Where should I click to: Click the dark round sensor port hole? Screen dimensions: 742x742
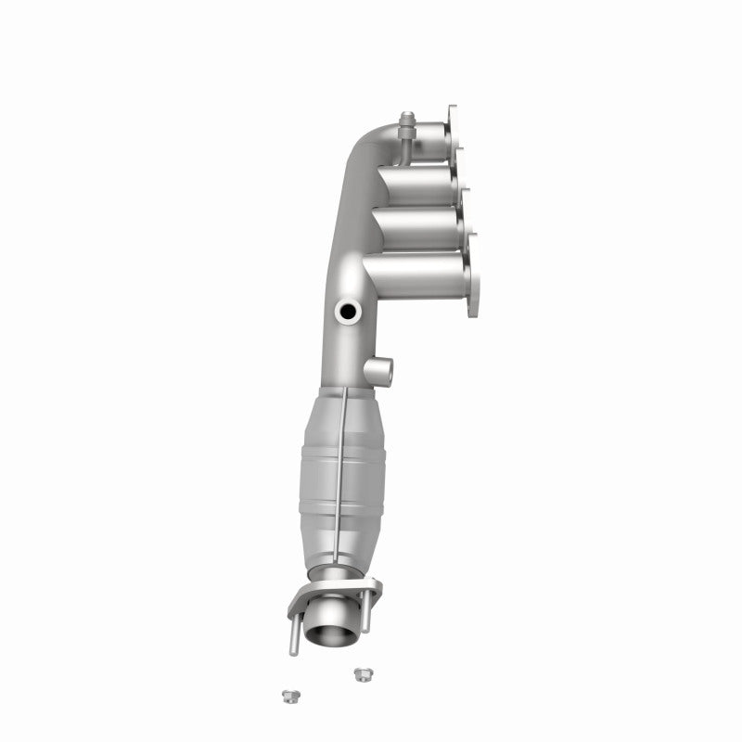point(350,313)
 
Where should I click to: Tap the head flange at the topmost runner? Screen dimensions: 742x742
point(454,130)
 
